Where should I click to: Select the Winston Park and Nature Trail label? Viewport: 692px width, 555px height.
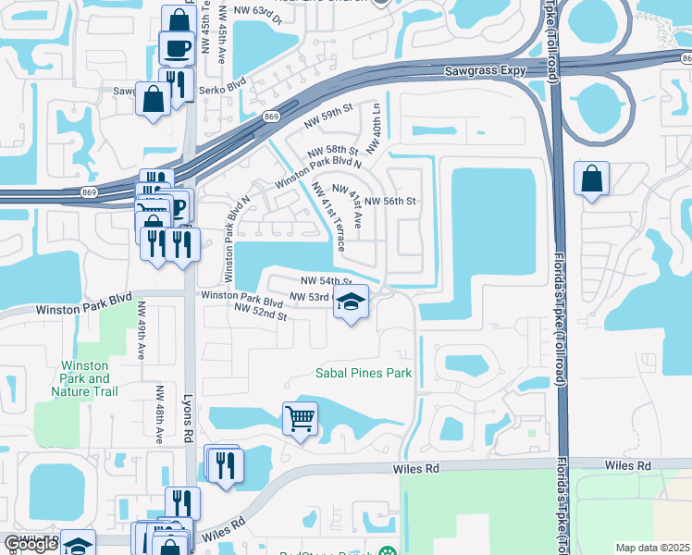point(85,378)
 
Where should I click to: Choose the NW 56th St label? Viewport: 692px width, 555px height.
point(391,201)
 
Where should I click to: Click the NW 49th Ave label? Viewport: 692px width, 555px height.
point(142,329)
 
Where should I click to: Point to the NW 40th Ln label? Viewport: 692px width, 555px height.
point(377,120)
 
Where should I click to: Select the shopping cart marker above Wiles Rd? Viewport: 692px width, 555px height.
point(300,420)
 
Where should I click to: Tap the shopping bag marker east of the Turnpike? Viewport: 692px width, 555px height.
point(590,179)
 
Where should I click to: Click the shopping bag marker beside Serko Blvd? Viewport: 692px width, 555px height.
point(152,98)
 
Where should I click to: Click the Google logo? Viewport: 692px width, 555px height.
point(31,544)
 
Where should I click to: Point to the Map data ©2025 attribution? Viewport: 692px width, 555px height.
point(652,548)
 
